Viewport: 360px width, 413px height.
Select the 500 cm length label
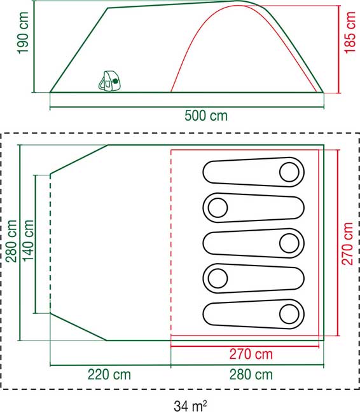click(206, 116)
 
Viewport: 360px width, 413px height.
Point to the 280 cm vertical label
click(11, 243)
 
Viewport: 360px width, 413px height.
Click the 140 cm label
click(29, 243)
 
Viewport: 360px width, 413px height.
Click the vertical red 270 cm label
click(348, 244)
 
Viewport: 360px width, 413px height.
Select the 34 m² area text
click(193, 403)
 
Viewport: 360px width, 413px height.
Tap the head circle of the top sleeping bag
click(289, 172)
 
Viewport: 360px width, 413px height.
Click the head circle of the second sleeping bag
click(218, 207)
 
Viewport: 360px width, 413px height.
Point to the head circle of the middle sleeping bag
click(289, 242)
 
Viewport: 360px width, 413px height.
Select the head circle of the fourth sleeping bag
click(218, 278)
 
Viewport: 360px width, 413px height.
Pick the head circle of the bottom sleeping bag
click(289, 313)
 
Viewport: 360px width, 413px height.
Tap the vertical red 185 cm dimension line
click(337, 48)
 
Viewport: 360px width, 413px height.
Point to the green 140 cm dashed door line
click(39, 243)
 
